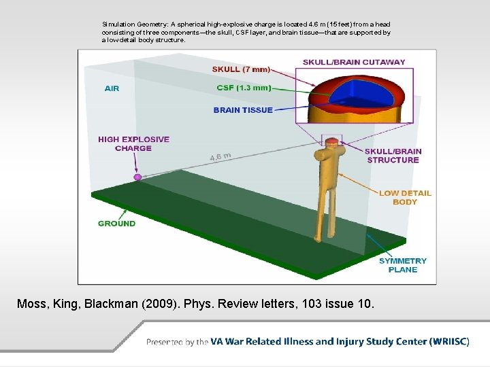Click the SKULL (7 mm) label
click(x=241, y=69)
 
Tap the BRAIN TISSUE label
click(x=243, y=109)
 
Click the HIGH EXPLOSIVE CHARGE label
click(x=133, y=143)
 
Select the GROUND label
click(x=116, y=223)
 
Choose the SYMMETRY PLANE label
click(x=403, y=265)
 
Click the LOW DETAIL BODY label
click(x=405, y=197)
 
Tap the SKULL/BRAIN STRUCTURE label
click(x=393, y=156)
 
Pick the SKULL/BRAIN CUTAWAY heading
click(x=354, y=62)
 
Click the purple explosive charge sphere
click(x=137, y=177)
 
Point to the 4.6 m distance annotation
click(x=220, y=157)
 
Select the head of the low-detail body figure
click(x=331, y=143)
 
